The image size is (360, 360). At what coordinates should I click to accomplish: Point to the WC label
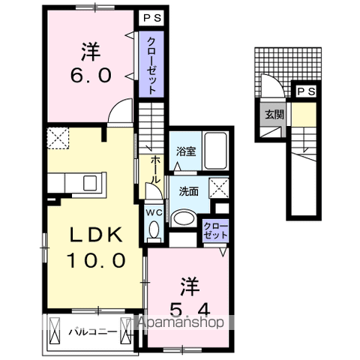(154, 213)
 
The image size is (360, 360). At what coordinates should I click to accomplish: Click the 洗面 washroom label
(188, 191)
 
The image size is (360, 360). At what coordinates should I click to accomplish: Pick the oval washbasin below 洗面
(184, 217)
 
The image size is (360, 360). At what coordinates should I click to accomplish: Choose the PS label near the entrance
(305, 91)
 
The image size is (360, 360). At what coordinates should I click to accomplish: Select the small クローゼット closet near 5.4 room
(215, 230)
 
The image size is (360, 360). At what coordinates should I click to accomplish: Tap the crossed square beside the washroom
(219, 187)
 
